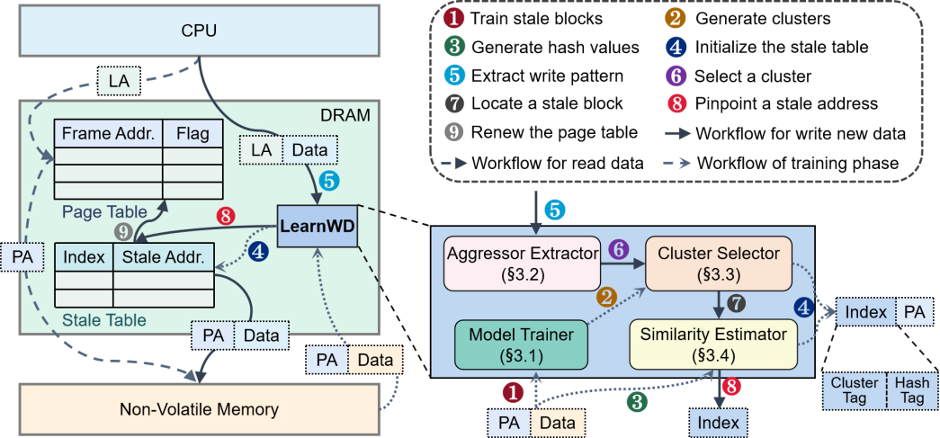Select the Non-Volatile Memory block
199,409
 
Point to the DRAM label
345,116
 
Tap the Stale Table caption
104,319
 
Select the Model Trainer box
523,344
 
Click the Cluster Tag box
854,390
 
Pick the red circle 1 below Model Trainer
513,392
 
